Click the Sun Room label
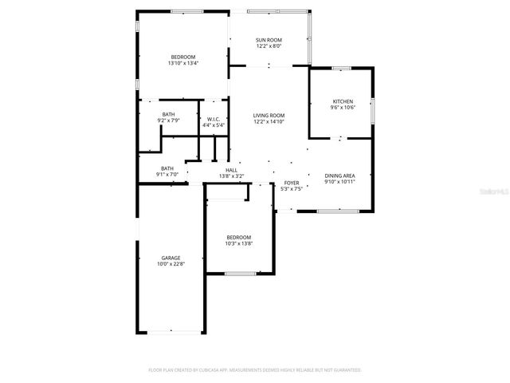click(269, 40)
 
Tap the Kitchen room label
click(343, 101)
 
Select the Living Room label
click(269, 116)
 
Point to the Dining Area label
click(339, 176)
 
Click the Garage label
click(171, 258)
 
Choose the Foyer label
click(292, 183)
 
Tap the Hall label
click(231, 170)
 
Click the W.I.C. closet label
click(214, 119)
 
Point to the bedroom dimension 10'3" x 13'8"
click(238, 243)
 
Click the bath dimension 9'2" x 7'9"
click(168, 120)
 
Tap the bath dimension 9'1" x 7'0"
click(167, 174)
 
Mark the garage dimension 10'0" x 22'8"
click(171, 264)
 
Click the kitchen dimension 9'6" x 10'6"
click(343, 108)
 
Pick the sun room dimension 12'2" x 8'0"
click(269, 46)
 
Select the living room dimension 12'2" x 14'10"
click(269, 122)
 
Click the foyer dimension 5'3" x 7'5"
click(292, 189)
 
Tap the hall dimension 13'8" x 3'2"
click(231, 176)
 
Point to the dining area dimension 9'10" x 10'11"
click(339, 182)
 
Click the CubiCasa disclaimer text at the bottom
click(255, 370)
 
